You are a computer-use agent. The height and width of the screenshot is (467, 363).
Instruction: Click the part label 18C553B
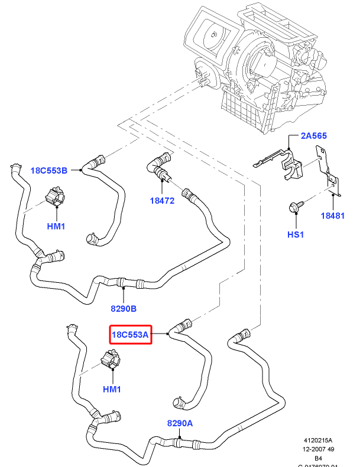pyautogui.click(x=49, y=170)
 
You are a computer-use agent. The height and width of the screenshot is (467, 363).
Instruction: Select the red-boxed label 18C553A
pyautogui.click(x=130, y=335)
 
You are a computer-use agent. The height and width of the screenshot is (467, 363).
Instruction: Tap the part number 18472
pyautogui.click(x=162, y=201)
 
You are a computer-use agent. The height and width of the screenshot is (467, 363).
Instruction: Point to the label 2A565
pyautogui.click(x=314, y=136)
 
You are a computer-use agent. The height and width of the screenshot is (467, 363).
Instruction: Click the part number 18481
pyautogui.click(x=332, y=216)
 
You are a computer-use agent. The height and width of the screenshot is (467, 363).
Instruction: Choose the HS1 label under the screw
pyautogui.click(x=295, y=234)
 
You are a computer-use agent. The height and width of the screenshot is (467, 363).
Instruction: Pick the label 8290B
pyautogui.click(x=123, y=308)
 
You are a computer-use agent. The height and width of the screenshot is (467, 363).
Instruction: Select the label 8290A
pyautogui.click(x=180, y=423)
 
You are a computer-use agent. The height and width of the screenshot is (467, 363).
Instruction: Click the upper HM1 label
pyautogui.click(x=56, y=226)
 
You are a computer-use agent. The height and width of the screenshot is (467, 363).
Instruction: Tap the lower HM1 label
pyautogui.click(x=112, y=389)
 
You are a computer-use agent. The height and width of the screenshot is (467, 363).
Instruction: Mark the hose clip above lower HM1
pyautogui.click(x=110, y=359)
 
